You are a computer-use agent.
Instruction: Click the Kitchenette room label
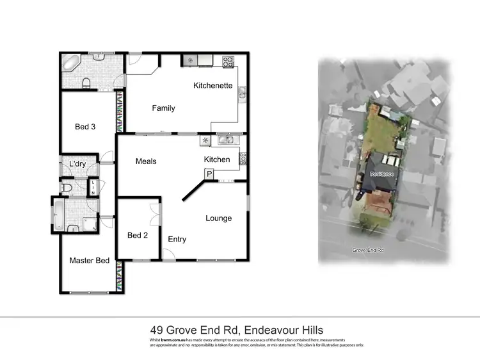(x=212, y=86)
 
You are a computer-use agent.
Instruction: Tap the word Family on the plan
(x=163, y=108)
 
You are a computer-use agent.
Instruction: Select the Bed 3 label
(x=85, y=127)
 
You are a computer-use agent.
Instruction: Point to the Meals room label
(x=146, y=161)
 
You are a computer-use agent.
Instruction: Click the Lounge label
(x=218, y=218)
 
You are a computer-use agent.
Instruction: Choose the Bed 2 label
(x=138, y=236)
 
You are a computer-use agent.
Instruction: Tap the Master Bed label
(x=90, y=261)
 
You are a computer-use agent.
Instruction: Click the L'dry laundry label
(x=78, y=165)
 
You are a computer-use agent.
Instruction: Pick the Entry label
(x=177, y=240)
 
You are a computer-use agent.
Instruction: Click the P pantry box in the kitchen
(x=209, y=174)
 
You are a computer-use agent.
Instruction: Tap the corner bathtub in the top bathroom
(x=69, y=63)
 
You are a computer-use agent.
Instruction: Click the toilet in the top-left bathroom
(x=85, y=81)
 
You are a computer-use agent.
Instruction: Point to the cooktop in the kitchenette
(x=228, y=62)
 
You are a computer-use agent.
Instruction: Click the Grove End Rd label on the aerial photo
(x=367, y=250)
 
